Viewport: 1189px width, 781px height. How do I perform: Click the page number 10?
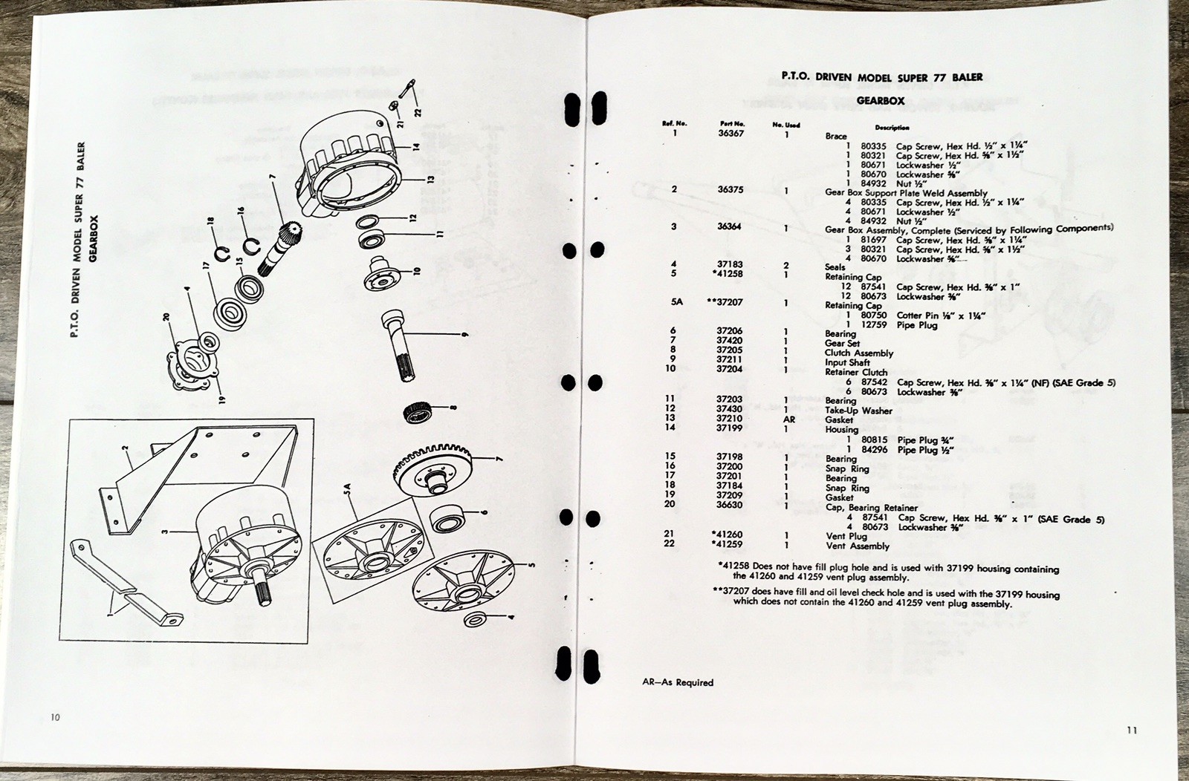56,717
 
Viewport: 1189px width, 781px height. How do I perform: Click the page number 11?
1131,730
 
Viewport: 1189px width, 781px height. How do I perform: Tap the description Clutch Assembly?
859,353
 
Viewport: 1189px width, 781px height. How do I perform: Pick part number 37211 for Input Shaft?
729,362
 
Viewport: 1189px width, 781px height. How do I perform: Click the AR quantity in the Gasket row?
788,419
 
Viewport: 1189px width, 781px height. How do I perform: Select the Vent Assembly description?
858,546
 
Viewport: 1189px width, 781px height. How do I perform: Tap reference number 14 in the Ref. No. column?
673,428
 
